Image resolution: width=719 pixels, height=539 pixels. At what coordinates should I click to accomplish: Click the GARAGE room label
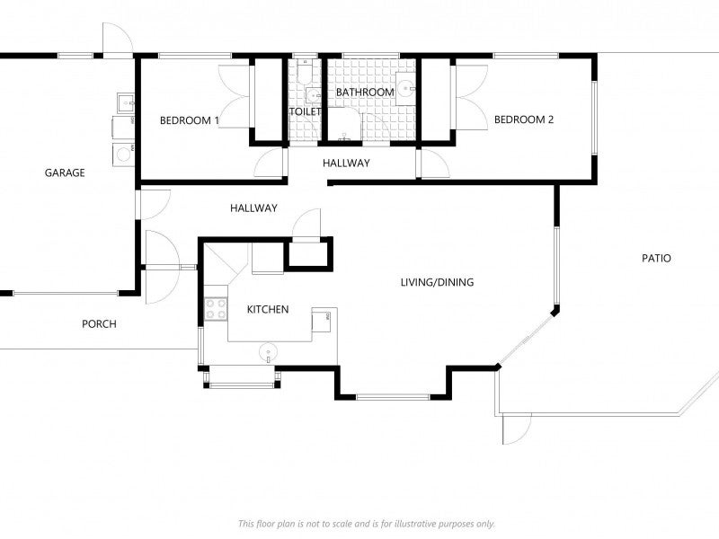(x=65, y=172)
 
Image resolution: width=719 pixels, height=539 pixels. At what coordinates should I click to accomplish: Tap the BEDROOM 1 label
(x=190, y=120)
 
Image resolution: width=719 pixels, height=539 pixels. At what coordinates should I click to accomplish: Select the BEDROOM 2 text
(x=524, y=119)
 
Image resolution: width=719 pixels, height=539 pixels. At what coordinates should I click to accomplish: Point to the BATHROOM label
(x=365, y=93)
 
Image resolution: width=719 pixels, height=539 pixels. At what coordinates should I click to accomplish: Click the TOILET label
(x=305, y=111)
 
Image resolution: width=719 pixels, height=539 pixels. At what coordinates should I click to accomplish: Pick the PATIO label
(x=656, y=258)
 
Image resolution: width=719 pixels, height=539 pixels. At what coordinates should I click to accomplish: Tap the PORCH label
(x=99, y=324)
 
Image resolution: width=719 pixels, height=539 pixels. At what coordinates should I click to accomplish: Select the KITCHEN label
(x=268, y=309)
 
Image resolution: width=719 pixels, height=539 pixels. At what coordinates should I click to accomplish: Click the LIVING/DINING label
(x=437, y=282)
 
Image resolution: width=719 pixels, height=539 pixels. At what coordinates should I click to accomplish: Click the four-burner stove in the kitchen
(x=216, y=308)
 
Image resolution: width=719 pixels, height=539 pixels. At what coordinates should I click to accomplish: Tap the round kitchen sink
(x=268, y=353)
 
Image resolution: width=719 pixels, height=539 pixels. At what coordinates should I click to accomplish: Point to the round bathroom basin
(x=405, y=88)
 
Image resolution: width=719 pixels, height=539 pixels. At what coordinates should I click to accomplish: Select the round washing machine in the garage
(x=123, y=155)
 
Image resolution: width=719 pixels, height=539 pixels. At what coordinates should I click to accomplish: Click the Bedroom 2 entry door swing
(x=435, y=163)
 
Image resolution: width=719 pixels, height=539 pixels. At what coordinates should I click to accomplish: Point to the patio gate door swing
(x=517, y=429)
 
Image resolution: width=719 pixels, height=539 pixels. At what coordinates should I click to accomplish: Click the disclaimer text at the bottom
(x=367, y=524)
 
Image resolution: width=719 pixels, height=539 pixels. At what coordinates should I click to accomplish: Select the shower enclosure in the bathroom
(x=344, y=124)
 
